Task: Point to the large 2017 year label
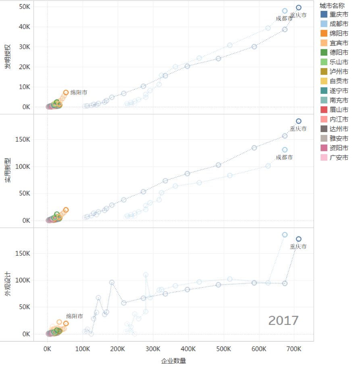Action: click(283, 320)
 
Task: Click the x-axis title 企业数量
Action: click(173, 361)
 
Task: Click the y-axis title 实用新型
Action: click(7, 171)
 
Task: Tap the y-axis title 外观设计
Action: click(7, 285)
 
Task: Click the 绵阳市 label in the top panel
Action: click(79, 92)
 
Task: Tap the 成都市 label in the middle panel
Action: click(284, 157)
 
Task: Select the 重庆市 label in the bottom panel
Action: click(298, 246)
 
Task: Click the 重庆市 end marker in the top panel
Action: click(299, 8)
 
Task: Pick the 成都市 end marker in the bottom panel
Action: click(285, 235)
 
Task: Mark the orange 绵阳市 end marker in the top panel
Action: click(66, 93)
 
